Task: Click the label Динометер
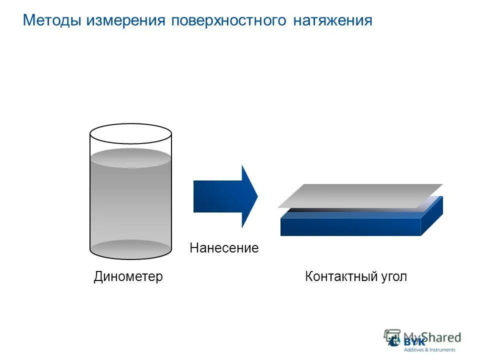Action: point(128,276)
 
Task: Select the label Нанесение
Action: point(224,248)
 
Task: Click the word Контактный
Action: point(337,276)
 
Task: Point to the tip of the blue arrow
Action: point(257,196)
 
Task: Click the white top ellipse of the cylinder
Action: point(130,134)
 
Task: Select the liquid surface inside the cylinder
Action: point(130,157)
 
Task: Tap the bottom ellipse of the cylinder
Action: point(130,249)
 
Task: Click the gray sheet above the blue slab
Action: point(360,195)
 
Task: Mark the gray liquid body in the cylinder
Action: point(130,205)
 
